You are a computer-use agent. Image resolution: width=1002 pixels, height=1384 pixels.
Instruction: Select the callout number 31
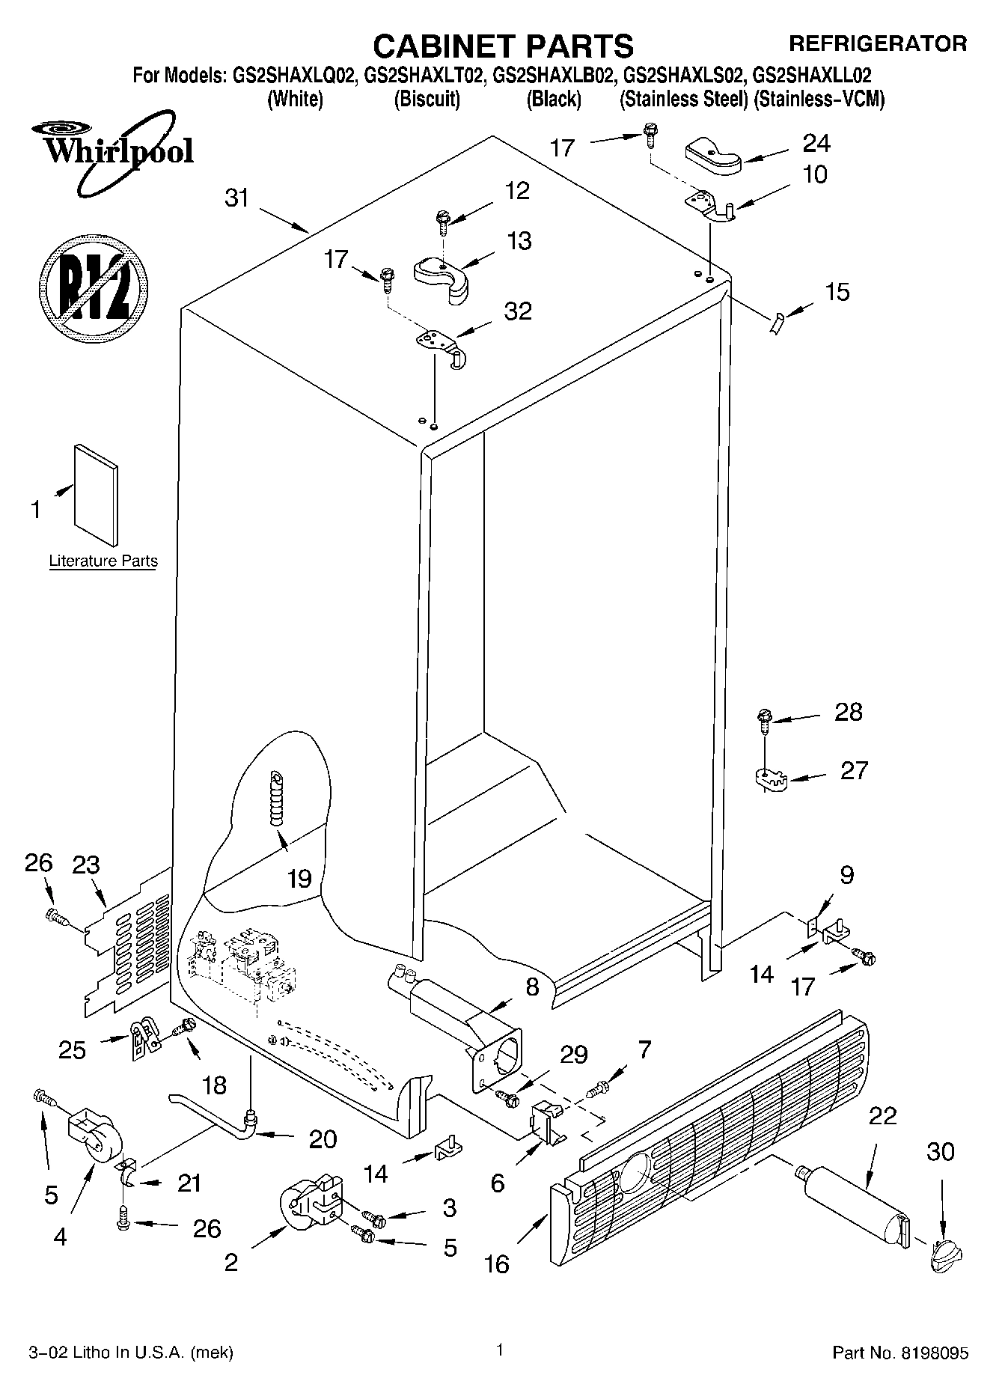tap(236, 198)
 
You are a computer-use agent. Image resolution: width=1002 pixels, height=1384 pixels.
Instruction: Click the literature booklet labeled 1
tap(96, 496)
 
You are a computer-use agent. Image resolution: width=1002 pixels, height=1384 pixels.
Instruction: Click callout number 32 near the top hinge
tap(518, 311)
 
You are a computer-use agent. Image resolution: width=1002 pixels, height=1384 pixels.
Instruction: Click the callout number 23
tap(86, 865)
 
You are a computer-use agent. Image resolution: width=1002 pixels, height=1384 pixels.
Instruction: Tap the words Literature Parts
tap(103, 561)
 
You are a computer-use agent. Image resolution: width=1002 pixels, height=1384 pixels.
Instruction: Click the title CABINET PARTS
tap(502, 46)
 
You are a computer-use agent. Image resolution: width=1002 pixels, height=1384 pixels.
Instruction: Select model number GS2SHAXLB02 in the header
tap(555, 76)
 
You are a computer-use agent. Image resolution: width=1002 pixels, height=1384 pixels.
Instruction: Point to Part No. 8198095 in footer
tap(900, 1353)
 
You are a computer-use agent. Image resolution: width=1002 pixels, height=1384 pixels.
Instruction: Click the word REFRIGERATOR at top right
tap(878, 43)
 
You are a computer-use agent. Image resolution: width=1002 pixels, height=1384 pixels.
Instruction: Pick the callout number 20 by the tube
tap(323, 1139)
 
